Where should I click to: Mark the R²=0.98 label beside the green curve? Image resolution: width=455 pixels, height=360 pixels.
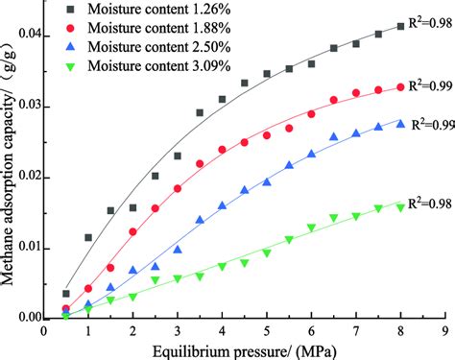tap(428, 202)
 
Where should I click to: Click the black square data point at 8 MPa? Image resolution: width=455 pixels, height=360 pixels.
tap(400, 27)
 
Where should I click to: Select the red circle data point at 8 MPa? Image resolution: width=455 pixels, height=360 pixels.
tap(400, 87)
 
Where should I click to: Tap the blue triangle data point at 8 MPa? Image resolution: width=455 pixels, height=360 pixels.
tap(400, 123)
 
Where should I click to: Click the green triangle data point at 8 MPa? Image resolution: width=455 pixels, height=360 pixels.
tap(400, 206)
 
